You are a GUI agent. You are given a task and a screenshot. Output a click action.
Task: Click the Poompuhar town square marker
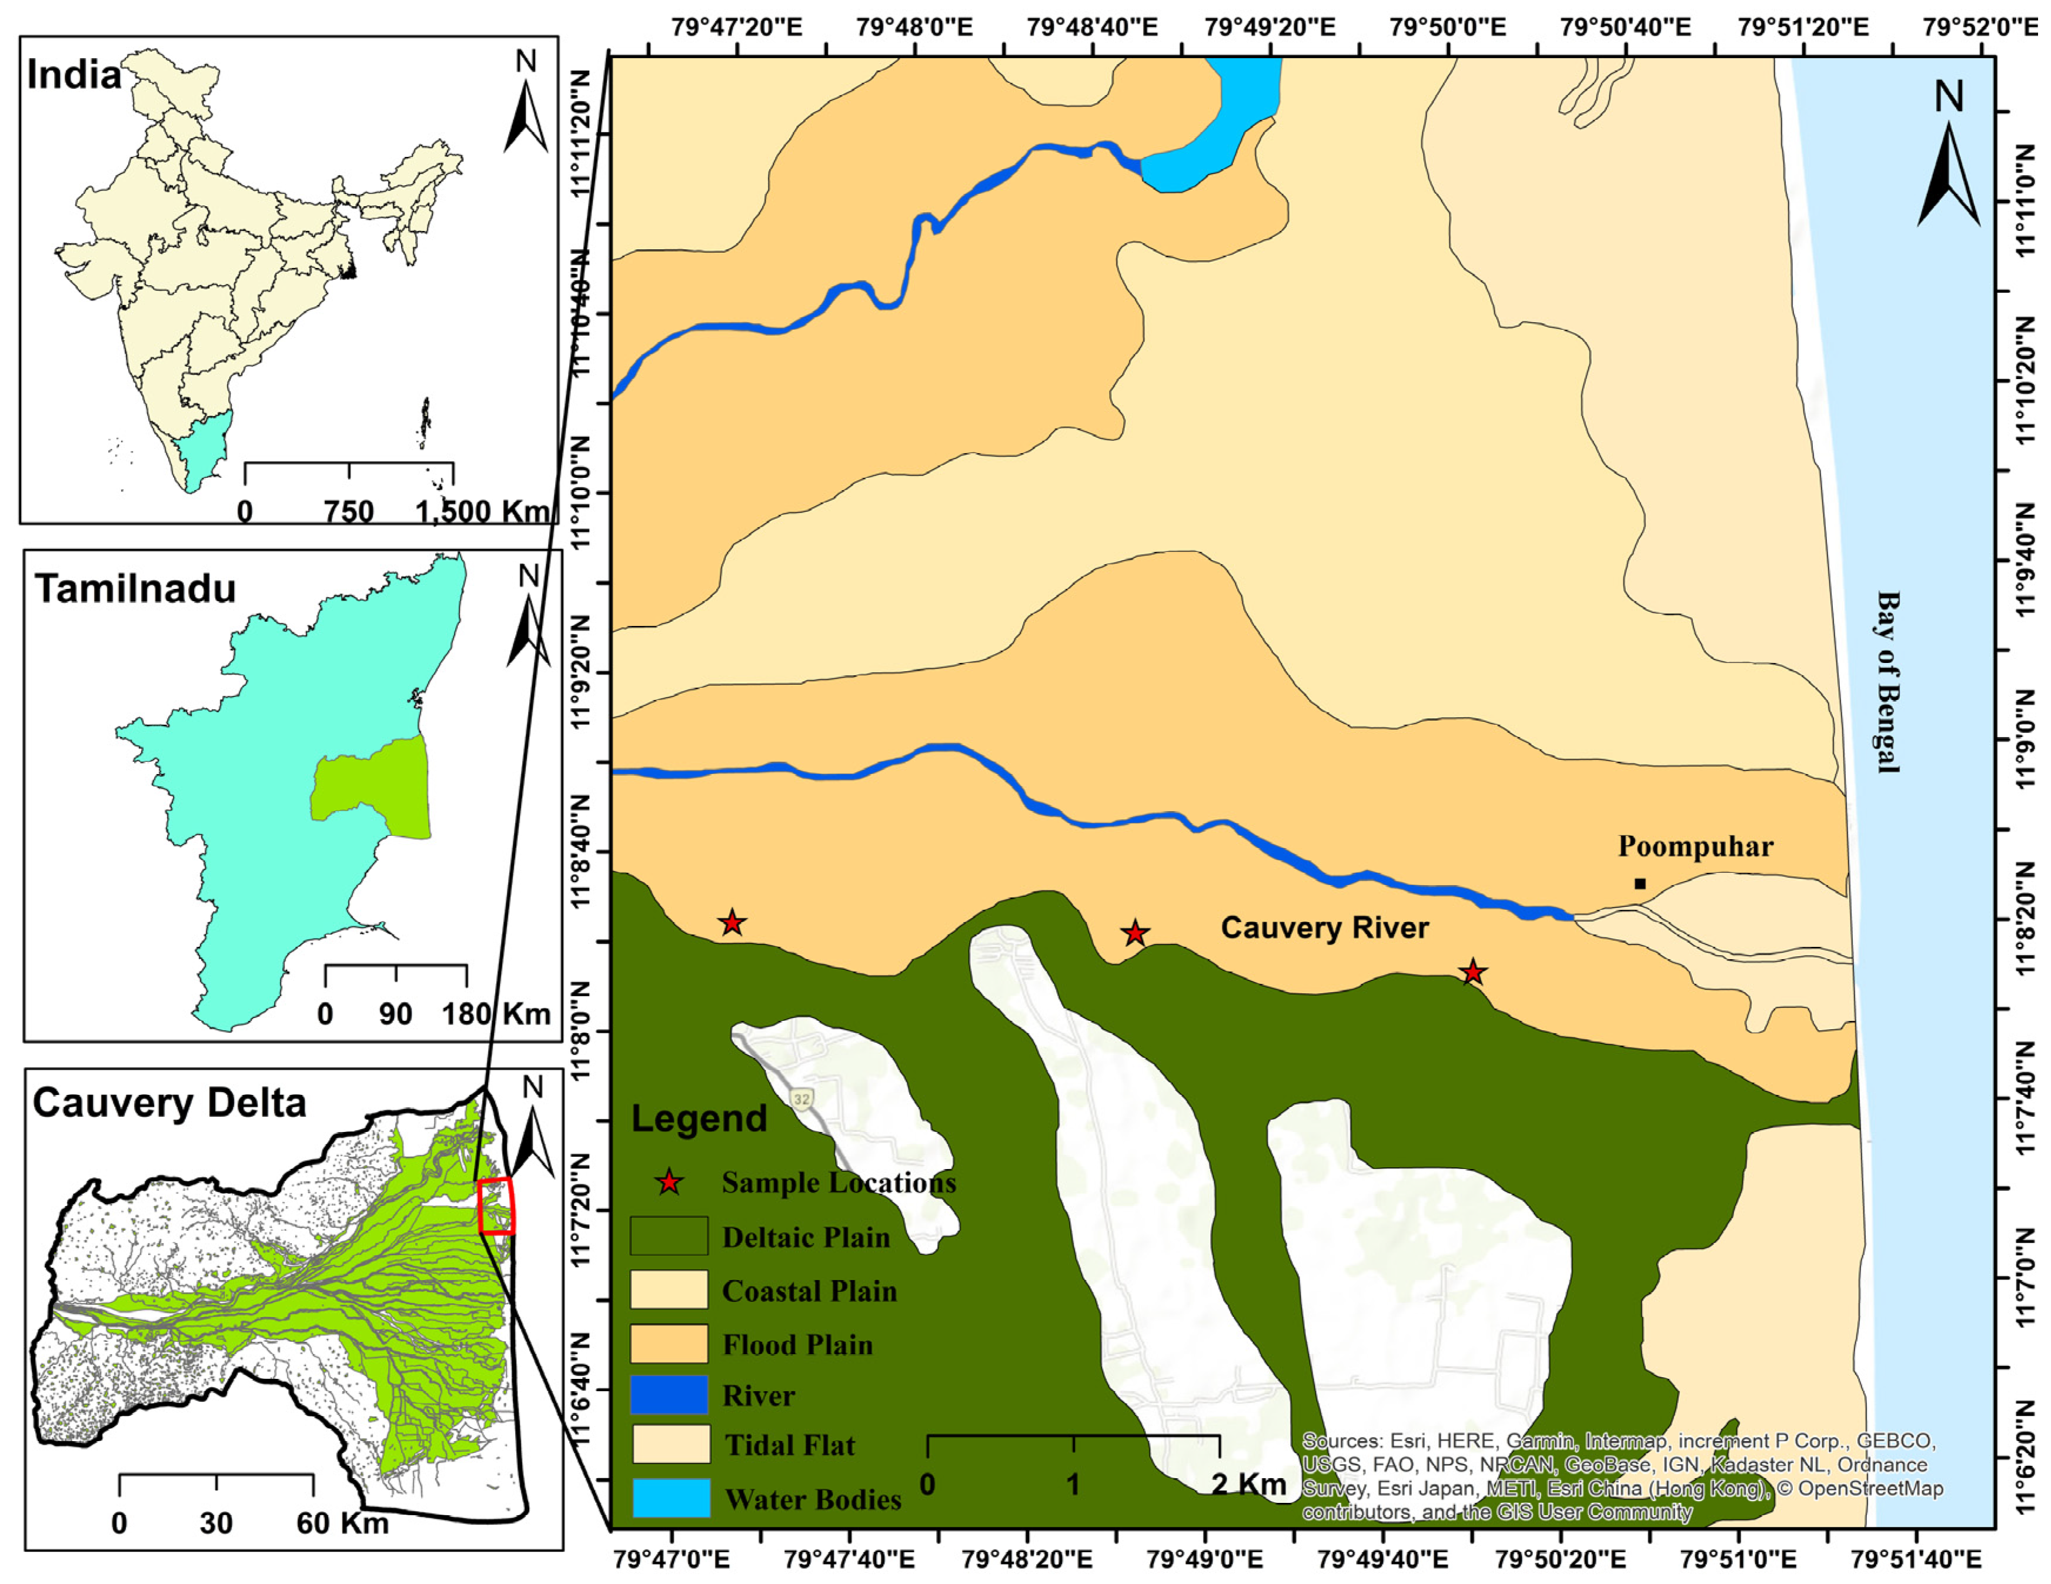(1639, 883)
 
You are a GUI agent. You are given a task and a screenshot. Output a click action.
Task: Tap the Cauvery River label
(1324, 929)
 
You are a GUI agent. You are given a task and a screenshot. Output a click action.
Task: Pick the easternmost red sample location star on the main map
(1472, 973)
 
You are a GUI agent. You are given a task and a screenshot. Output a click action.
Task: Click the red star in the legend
(669, 1182)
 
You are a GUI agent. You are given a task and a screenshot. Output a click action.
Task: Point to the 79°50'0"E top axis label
(1448, 26)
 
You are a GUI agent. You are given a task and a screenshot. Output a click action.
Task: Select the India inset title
(74, 75)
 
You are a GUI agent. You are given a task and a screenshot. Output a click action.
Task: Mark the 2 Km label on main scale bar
(1249, 1485)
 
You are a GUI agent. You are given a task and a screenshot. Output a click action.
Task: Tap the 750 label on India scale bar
(349, 512)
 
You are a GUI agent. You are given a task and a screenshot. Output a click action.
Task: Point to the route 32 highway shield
(800, 1099)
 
